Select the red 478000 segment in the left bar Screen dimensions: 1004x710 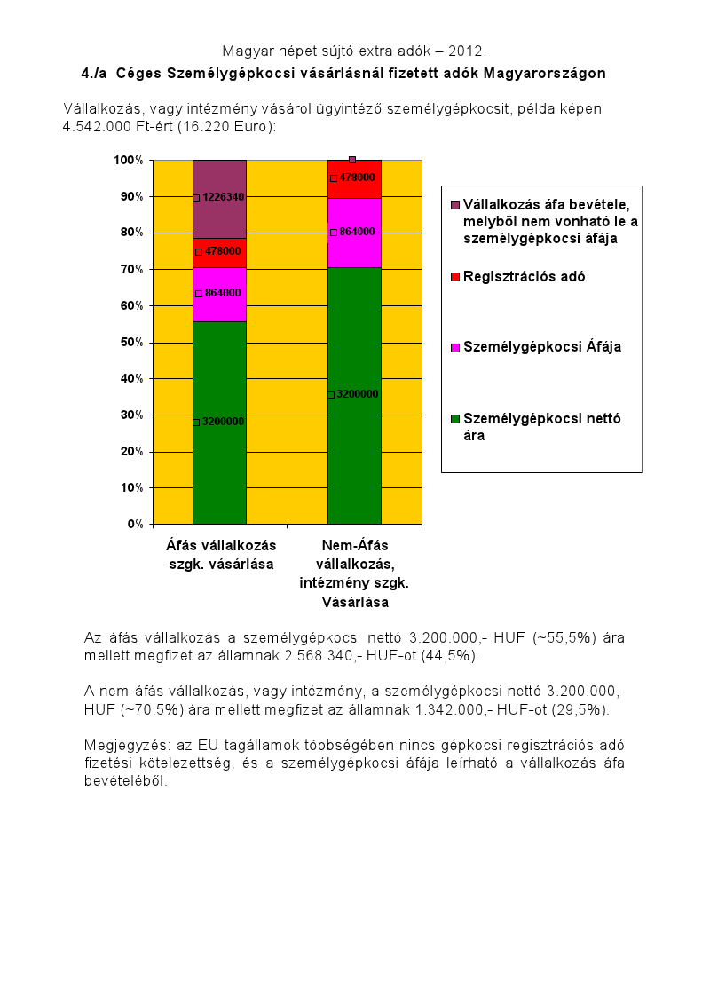tap(219, 253)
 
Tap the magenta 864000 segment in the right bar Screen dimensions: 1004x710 tap(354, 233)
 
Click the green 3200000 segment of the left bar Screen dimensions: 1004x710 tap(219, 423)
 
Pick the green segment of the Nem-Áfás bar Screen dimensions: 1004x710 tap(354, 396)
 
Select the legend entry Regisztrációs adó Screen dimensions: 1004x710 tap(524, 276)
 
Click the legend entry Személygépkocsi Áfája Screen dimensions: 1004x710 tap(541, 346)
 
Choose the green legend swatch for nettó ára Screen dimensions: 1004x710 tap(455, 418)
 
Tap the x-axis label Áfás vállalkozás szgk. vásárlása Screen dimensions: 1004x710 tap(221, 555)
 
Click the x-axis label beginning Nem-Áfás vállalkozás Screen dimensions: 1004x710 tap(354, 573)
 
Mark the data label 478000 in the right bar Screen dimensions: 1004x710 tap(357, 178)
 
